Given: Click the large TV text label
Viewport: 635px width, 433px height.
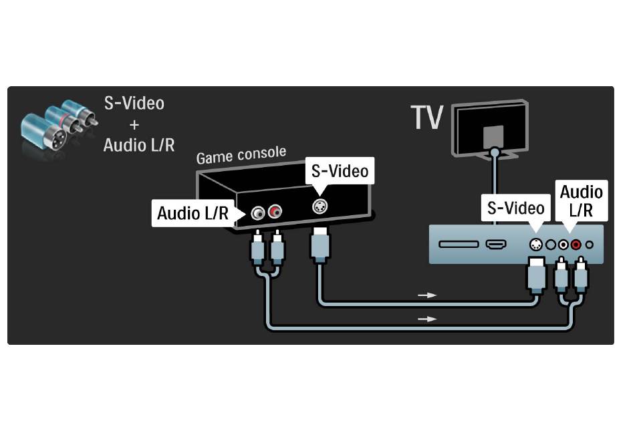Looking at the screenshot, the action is [x=427, y=118].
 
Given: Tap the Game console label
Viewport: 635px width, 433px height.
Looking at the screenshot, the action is [x=241, y=155].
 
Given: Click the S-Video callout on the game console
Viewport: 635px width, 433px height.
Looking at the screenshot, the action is [x=340, y=171].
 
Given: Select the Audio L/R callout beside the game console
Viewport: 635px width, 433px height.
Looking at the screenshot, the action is [x=193, y=213].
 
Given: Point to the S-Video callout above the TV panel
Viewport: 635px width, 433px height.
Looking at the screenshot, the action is [x=515, y=208].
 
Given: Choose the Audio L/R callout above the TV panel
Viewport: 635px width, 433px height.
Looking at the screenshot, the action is [x=581, y=200].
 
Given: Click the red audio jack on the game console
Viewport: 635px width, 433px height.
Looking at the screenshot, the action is [x=275, y=211].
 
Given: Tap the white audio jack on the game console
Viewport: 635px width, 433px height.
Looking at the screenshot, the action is [x=257, y=213].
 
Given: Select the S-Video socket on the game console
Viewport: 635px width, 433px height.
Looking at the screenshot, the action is [x=320, y=206].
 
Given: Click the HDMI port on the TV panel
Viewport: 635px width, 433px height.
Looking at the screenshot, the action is [x=496, y=245].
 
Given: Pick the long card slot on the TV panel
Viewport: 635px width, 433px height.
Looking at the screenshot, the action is [x=459, y=245].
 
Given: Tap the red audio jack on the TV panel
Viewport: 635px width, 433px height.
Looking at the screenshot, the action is [x=576, y=245].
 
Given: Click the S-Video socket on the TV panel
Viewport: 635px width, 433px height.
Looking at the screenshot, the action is [x=536, y=245].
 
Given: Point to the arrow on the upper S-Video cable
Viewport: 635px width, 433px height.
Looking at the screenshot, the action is [x=427, y=295].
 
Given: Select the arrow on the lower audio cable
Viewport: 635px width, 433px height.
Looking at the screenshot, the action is [x=427, y=319].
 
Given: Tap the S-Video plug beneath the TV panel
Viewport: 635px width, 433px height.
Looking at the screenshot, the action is [x=537, y=275].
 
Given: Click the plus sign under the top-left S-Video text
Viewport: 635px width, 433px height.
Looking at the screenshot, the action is [x=134, y=125].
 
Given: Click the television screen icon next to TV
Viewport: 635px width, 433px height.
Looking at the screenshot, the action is [x=490, y=129].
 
